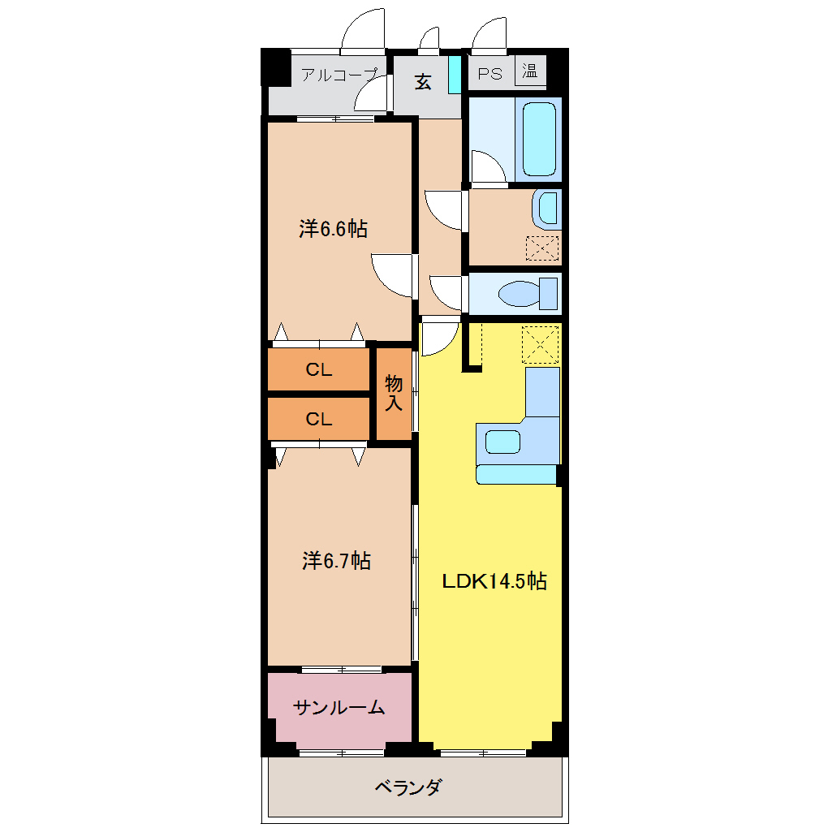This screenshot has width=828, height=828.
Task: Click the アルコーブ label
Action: (x=340, y=75)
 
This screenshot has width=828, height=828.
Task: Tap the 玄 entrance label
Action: (x=422, y=82)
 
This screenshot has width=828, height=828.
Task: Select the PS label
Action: (x=490, y=74)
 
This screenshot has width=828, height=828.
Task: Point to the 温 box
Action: (x=530, y=71)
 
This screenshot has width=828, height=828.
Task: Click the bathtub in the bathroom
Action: (x=539, y=140)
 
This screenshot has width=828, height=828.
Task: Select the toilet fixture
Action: (x=528, y=294)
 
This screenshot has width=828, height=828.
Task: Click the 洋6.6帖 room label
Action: (x=333, y=229)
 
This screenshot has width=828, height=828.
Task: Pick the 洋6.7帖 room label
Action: (x=336, y=560)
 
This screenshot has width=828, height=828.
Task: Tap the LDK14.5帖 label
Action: (x=494, y=581)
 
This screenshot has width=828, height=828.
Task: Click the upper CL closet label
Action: (x=319, y=369)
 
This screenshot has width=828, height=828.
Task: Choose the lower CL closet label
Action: (x=319, y=420)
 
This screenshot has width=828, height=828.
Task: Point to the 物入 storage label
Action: (x=394, y=392)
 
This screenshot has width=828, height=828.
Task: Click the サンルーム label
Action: (x=339, y=707)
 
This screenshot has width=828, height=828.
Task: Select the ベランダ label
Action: (x=408, y=787)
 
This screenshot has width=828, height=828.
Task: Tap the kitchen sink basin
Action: (x=502, y=442)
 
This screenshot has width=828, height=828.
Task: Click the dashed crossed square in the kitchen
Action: (x=540, y=344)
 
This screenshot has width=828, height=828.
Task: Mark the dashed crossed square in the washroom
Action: (x=542, y=248)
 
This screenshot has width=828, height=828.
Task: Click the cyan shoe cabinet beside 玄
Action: (x=454, y=75)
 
